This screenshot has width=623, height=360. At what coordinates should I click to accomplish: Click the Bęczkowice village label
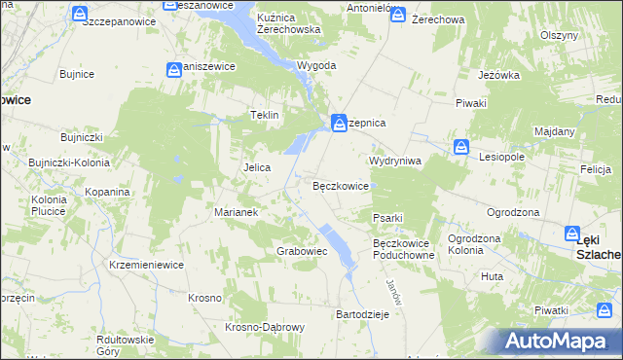340,186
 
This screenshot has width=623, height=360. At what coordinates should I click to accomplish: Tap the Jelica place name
256,167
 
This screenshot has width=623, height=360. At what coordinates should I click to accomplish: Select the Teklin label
265,115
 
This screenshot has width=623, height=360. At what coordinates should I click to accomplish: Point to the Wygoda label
289,65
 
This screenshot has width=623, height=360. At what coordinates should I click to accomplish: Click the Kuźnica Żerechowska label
288,24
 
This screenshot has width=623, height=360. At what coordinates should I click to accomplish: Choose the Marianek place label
235,211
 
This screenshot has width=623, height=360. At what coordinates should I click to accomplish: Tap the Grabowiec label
301,251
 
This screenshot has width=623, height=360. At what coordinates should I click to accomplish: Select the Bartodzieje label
362,314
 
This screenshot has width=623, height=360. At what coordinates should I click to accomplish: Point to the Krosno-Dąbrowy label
266,327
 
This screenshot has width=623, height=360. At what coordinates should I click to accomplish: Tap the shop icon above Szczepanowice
80,13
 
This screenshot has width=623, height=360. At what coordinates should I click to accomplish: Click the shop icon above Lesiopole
461,148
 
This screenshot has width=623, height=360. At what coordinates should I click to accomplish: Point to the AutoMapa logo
555,342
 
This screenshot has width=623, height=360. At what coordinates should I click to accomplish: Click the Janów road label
393,290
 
